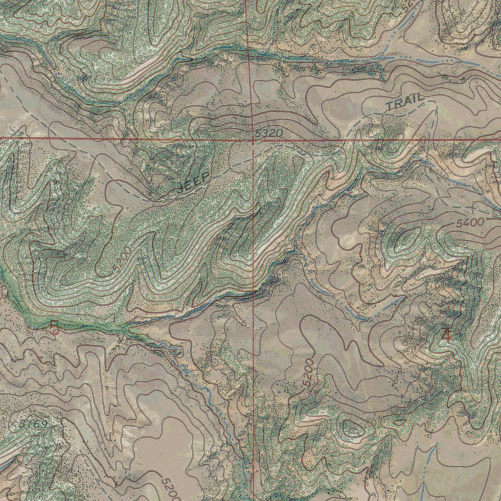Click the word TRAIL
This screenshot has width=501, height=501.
coord(404,102)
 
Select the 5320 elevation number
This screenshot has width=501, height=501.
coord(269,133)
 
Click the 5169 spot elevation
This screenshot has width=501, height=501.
coord(34,424)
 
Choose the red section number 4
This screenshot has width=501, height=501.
coord(446,335)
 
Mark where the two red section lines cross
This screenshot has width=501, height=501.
coord(252,139)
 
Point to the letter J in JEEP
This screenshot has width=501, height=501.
coord(182,188)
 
